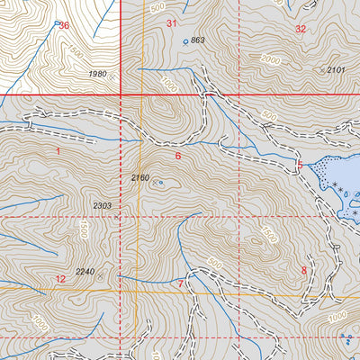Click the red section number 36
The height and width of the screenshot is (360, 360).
coord(63,25)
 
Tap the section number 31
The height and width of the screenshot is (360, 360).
coord(172,23)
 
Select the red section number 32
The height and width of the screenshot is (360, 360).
coord(301,29)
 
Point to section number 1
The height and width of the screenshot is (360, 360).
coord(58,151)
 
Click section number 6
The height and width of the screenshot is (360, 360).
coord(178,156)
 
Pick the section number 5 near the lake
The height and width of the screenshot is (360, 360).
coord(301,164)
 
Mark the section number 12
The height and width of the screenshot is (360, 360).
coord(60,279)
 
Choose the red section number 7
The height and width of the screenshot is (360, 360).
coord(181,284)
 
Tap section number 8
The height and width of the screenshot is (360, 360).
coord(304,270)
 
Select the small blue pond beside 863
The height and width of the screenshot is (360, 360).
coord(185,41)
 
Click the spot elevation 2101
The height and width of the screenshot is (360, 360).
coord(336,69)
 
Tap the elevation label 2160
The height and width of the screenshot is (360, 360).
coord(139,177)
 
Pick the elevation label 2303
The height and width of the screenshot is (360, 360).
coord(102,206)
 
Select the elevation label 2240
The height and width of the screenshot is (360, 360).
coord(85,272)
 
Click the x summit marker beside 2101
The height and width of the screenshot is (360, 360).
coord(321,69)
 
